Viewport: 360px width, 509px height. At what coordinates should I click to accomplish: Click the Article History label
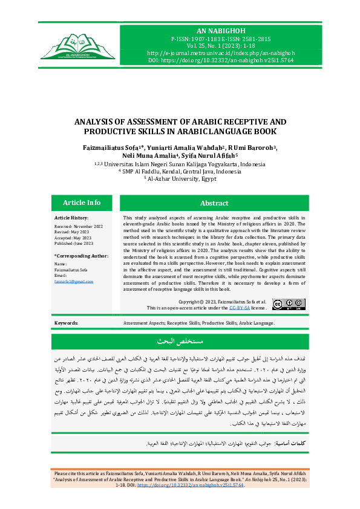pos(71,217)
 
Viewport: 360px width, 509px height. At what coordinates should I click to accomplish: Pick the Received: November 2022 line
pos(78,225)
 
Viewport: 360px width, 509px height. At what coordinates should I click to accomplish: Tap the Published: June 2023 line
pos(74,243)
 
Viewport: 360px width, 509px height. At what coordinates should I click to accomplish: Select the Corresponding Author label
pos(81,256)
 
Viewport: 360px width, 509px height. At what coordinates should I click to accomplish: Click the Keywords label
pos(67,323)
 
